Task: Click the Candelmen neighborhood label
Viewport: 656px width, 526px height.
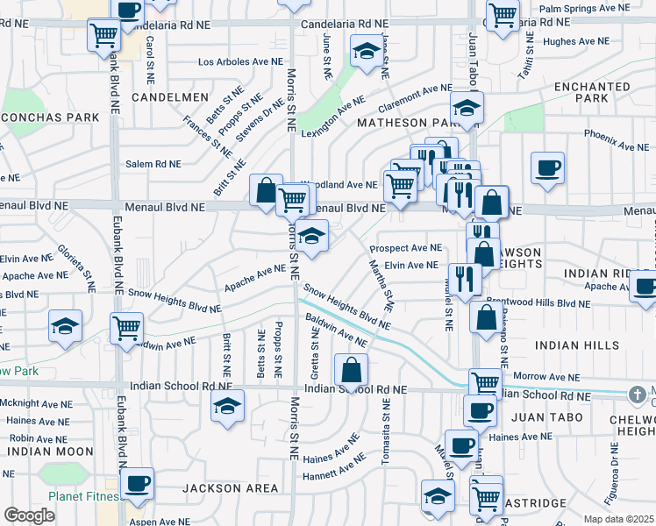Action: [170, 97]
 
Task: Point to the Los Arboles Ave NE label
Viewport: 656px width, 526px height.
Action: [241, 62]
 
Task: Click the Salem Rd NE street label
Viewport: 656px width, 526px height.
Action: [153, 164]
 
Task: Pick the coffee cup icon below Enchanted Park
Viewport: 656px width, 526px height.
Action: [547, 167]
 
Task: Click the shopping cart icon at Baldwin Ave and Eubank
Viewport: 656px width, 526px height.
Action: [127, 328]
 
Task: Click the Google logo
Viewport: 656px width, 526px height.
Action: [29, 515]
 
